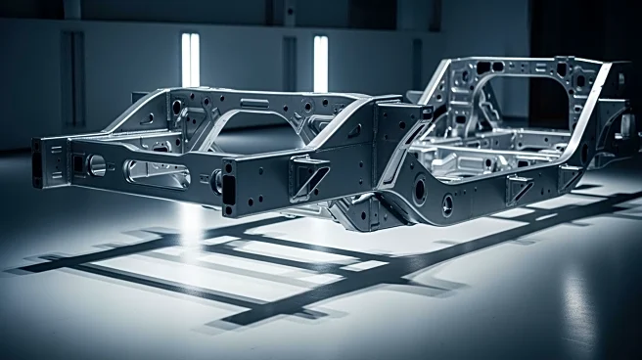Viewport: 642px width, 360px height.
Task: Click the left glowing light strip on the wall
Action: (x=190, y=58)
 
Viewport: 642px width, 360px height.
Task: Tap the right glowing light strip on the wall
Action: (x=320, y=64)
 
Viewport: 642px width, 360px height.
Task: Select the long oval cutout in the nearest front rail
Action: (x=157, y=174)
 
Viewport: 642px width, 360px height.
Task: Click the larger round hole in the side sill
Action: (x=421, y=192)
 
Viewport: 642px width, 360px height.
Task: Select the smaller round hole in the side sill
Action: (x=447, y=204)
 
